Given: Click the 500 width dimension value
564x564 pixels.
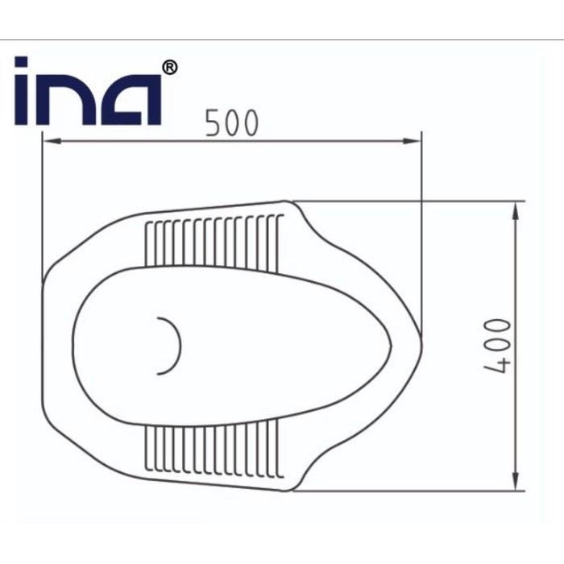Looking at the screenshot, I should click(232, 123).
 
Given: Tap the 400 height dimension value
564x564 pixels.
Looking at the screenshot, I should click(499, 346).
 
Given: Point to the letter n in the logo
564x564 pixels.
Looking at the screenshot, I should click(68, 101).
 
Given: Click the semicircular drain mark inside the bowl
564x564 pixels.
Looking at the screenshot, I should click(170, 346).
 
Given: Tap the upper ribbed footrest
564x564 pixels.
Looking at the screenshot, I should click(213, 243).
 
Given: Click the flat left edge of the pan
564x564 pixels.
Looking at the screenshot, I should click(43, 346).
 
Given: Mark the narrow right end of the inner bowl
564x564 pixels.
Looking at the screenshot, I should click(390, 347).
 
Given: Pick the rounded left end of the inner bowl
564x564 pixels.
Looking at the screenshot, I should click(74, 346).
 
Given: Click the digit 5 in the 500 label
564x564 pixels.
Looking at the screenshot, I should click(213, 123).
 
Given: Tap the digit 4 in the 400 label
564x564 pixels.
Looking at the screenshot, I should click(499, 364).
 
